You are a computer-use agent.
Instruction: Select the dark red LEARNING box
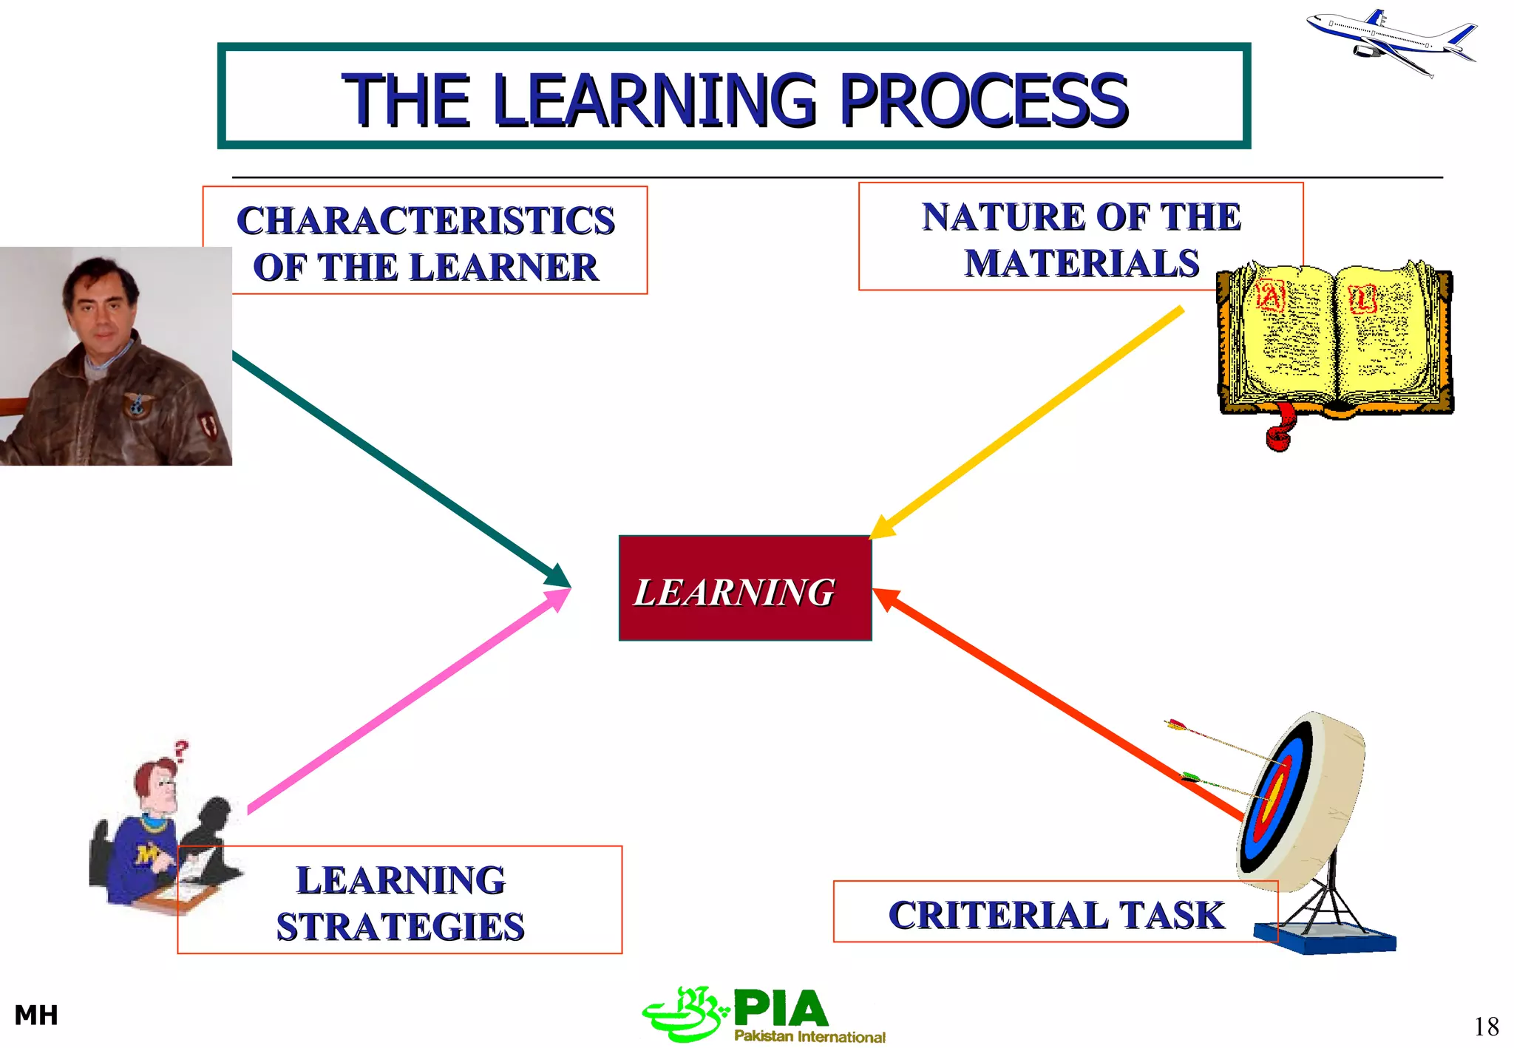(x=744, y=588)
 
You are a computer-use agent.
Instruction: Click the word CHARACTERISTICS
(x=426, y=220)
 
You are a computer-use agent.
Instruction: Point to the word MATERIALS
(x=1081, y=264)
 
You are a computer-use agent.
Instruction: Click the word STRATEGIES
(x=400, y=927)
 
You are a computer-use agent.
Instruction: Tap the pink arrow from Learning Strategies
(x=407, y=702)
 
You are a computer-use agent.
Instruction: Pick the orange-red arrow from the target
(x=1057, y=702)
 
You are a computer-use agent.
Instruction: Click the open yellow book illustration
(x=1334, y=340)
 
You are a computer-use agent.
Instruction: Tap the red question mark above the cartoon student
(x=181, y=751)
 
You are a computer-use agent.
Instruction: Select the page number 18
(x=1486, y=1027)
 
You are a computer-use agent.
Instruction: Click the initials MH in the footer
(x=36, y=1015)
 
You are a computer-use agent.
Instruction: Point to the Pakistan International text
(x=809, y=1036)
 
